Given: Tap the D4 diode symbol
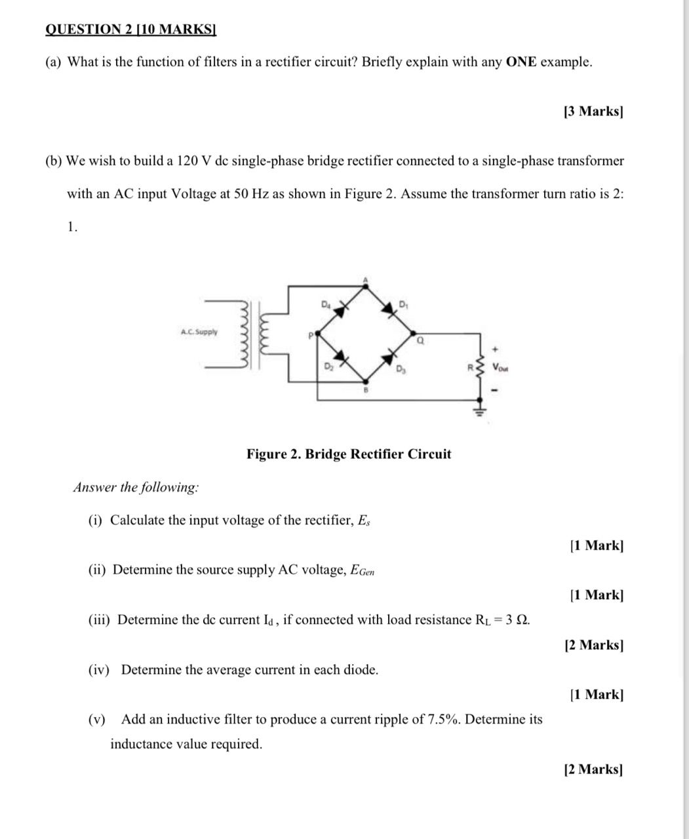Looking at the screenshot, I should pyautogui.click(x=339, y=310).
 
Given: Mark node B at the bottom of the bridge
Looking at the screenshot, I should pyautogui.click(x=366, y=381).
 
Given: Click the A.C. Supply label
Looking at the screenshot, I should pyautogui.click(x=199, y=332).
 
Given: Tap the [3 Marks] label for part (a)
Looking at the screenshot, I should pyautogui.click(x=593, y=111).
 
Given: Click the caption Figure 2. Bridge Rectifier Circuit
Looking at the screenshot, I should pyautogui.click(x=349, y=454).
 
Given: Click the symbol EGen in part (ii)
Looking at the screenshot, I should pyautogui.click(x=363, y=570).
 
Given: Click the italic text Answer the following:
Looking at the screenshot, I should pyautogui.click(x=136, y=488).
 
